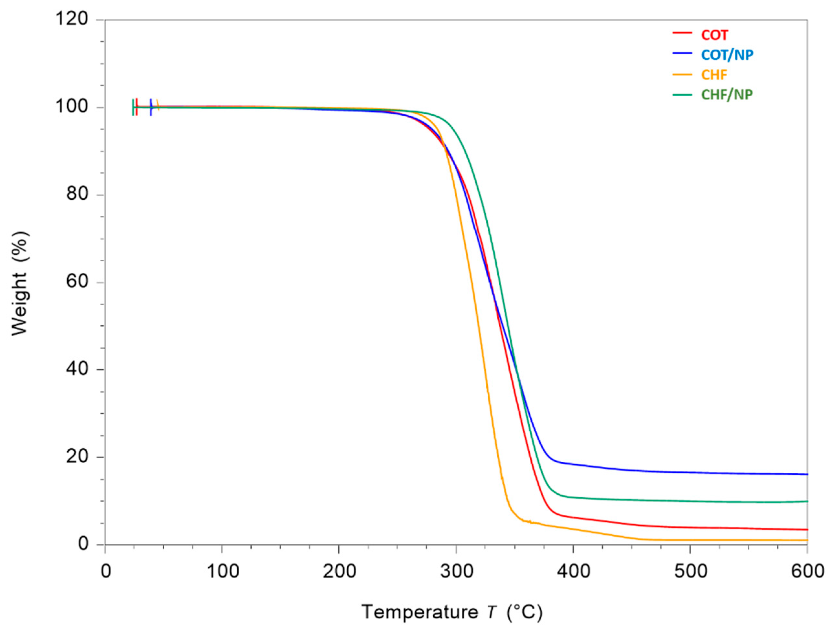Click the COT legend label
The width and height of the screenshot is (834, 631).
pos(714,35)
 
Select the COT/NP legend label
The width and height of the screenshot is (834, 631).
pos(727,55)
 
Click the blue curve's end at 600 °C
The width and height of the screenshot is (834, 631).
pos(806,474)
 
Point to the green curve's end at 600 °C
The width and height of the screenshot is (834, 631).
pos(806,501)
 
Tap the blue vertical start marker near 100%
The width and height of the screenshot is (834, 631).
pos(151,107)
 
